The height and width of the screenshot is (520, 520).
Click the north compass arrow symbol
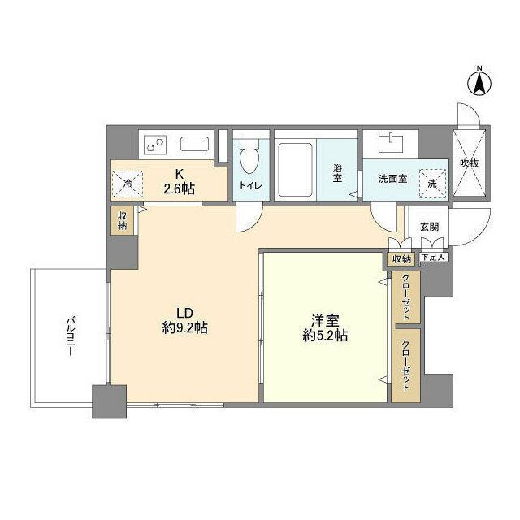coord(479,81)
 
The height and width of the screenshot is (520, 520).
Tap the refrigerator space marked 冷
coord(127,183)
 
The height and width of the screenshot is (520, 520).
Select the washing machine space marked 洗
coord(432,182)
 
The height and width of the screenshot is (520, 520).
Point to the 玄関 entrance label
coord(430,227)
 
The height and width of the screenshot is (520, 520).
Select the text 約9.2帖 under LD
coord(184,328)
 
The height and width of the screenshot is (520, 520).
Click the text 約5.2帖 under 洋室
coord(324,335)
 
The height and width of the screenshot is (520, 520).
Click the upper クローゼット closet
coord(405,297)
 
